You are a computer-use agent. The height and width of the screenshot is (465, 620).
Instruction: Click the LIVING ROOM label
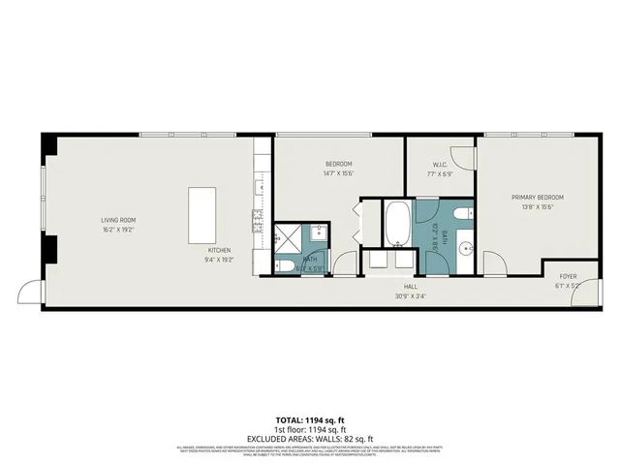[117, 220]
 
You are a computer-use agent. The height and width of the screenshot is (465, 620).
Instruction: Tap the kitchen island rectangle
[202, 215]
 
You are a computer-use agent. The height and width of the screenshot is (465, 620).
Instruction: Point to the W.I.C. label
[439, 164]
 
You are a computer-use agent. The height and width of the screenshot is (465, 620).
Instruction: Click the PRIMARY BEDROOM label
[537, 198]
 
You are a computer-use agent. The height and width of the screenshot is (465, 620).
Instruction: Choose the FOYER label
[567, 276]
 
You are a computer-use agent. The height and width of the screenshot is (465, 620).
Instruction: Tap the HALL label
[410, 287]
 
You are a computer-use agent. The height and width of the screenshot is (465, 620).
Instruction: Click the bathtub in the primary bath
[397, 225]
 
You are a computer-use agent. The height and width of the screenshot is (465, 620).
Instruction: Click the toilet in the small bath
[285, 264]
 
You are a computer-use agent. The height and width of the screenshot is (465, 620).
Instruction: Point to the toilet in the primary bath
[462, 214]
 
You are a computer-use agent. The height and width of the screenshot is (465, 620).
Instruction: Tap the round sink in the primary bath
[464, 246]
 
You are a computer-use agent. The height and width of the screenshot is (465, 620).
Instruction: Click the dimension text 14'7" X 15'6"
[338, 173]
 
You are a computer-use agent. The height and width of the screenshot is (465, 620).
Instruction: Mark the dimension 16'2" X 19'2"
[117, 230]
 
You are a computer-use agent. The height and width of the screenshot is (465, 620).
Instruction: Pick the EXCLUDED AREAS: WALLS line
[309, 438]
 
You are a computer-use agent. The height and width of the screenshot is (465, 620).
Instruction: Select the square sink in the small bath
[317, 233]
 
